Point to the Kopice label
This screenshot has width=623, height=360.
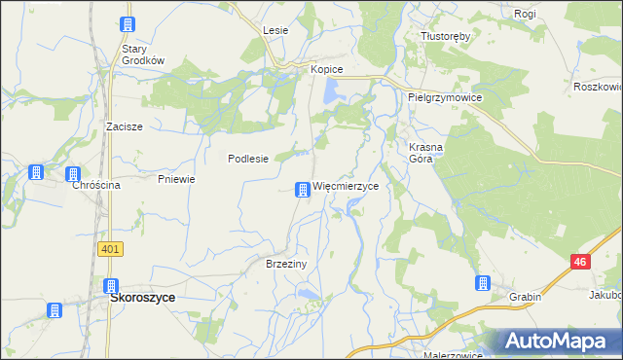328,70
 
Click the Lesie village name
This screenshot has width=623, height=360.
275,30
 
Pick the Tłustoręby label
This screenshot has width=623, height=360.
445,37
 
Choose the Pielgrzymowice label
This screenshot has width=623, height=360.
445,98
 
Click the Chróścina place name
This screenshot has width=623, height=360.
95,187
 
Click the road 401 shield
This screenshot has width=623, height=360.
110,249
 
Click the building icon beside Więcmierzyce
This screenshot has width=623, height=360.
304,188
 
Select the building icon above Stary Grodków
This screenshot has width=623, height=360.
127,24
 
